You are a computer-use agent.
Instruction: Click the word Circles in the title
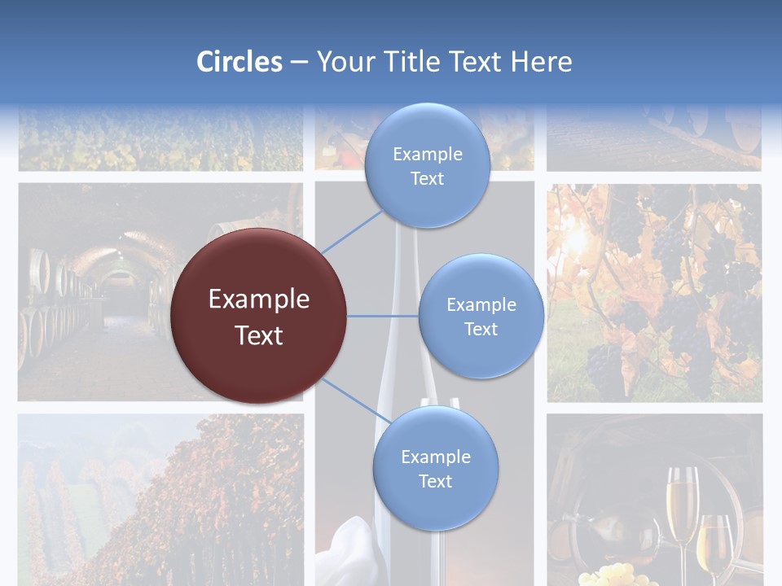click(239, 62)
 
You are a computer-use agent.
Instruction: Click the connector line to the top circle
click(352, 232)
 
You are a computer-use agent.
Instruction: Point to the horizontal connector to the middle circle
click(383, 316)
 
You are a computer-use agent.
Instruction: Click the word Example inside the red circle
click(259, 300)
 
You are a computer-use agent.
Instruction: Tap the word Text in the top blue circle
click(427, 179)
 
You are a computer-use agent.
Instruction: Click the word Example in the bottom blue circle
click(435, 457)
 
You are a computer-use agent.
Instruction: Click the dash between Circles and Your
click(299, 63)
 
